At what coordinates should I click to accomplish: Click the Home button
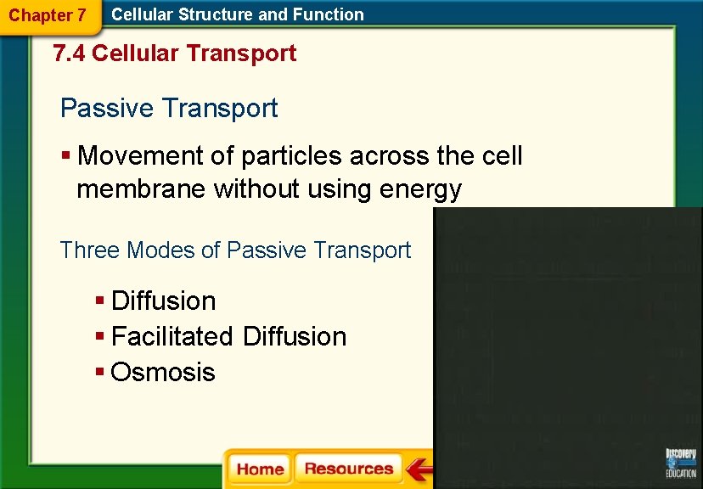click(x=260, y=469)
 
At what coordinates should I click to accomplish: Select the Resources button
click(x=348, y=469)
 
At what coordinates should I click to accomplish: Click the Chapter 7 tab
click(x=48, y=15)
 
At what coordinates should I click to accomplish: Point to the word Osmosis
click(x=163, y=372)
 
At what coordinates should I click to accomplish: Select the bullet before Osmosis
click(x=100, y=372)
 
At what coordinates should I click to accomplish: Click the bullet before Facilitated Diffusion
click(x=100, y=336)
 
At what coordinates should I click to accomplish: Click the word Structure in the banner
click(x=218, y=14)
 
